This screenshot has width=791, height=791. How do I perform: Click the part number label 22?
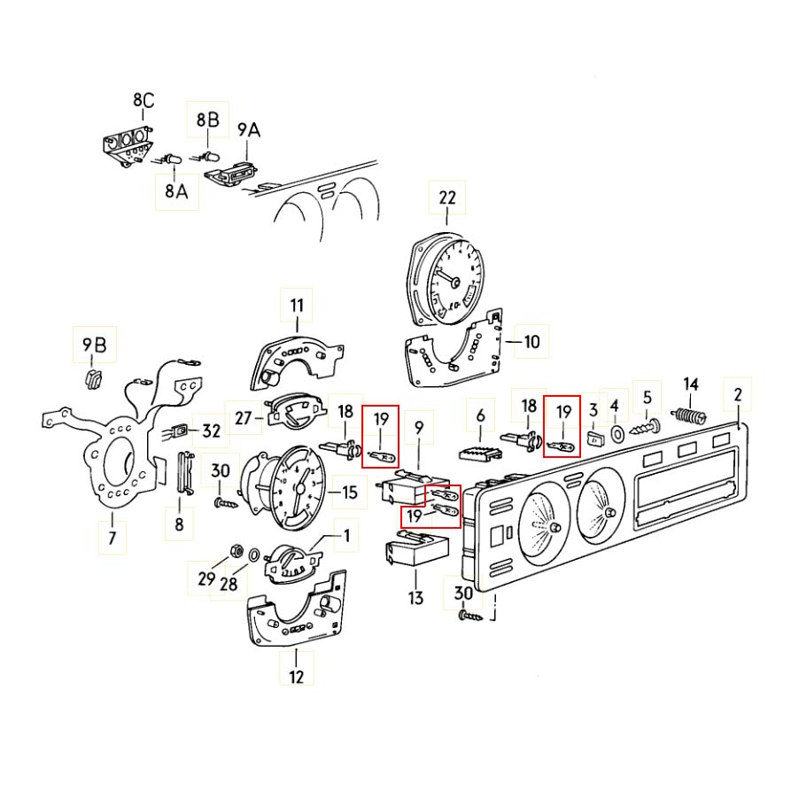446,198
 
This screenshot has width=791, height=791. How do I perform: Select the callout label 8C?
143,101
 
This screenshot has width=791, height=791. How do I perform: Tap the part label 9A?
249,129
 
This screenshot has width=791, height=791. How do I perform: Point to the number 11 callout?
297,306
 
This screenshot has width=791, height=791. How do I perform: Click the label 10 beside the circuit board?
531,341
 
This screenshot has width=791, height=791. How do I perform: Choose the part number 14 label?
691,384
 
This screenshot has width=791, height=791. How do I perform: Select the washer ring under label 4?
614,434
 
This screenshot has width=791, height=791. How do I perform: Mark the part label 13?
415,598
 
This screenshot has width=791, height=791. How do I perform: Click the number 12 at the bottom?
296,677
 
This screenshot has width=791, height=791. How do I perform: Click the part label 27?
244,418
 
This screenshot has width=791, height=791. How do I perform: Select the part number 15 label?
350,492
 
